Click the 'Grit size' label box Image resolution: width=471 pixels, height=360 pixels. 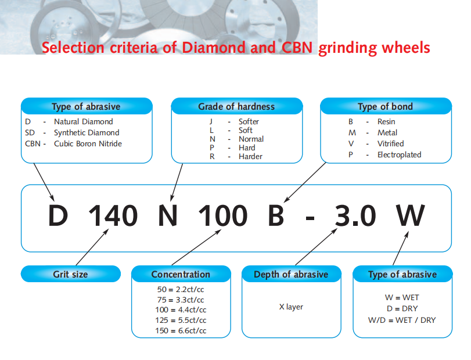pos(71,274)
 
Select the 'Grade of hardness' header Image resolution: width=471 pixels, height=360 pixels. pos(237,106)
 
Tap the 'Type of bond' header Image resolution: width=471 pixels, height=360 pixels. pos(386,106)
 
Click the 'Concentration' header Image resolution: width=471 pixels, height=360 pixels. pos(181,274)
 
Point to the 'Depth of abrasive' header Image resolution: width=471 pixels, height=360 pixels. pos(292,274)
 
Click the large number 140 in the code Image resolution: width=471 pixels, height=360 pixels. pos(113,215)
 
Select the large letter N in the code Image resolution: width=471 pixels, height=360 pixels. pos(168,215)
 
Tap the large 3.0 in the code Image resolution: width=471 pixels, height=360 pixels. pos(355,215)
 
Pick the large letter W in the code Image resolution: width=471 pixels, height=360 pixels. pos(411,215)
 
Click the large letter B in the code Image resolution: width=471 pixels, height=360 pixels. pos(276,215)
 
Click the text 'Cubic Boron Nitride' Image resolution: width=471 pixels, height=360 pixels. pos(88,144)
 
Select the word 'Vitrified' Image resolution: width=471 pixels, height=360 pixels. pos(390,143)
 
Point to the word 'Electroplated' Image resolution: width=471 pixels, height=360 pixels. pos(399,154)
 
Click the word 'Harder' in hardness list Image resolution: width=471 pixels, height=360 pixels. pos(250,156)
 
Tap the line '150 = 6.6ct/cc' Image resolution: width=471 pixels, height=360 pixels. pos(181,330)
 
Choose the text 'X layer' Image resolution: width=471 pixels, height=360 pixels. pos(291,307)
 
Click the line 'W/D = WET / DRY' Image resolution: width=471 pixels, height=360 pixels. pos(402,320)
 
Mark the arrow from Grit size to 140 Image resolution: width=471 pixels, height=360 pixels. pos(92,247)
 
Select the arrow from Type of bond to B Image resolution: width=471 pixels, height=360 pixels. pos(305,182)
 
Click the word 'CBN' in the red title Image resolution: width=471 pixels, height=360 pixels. pos(297,48)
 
